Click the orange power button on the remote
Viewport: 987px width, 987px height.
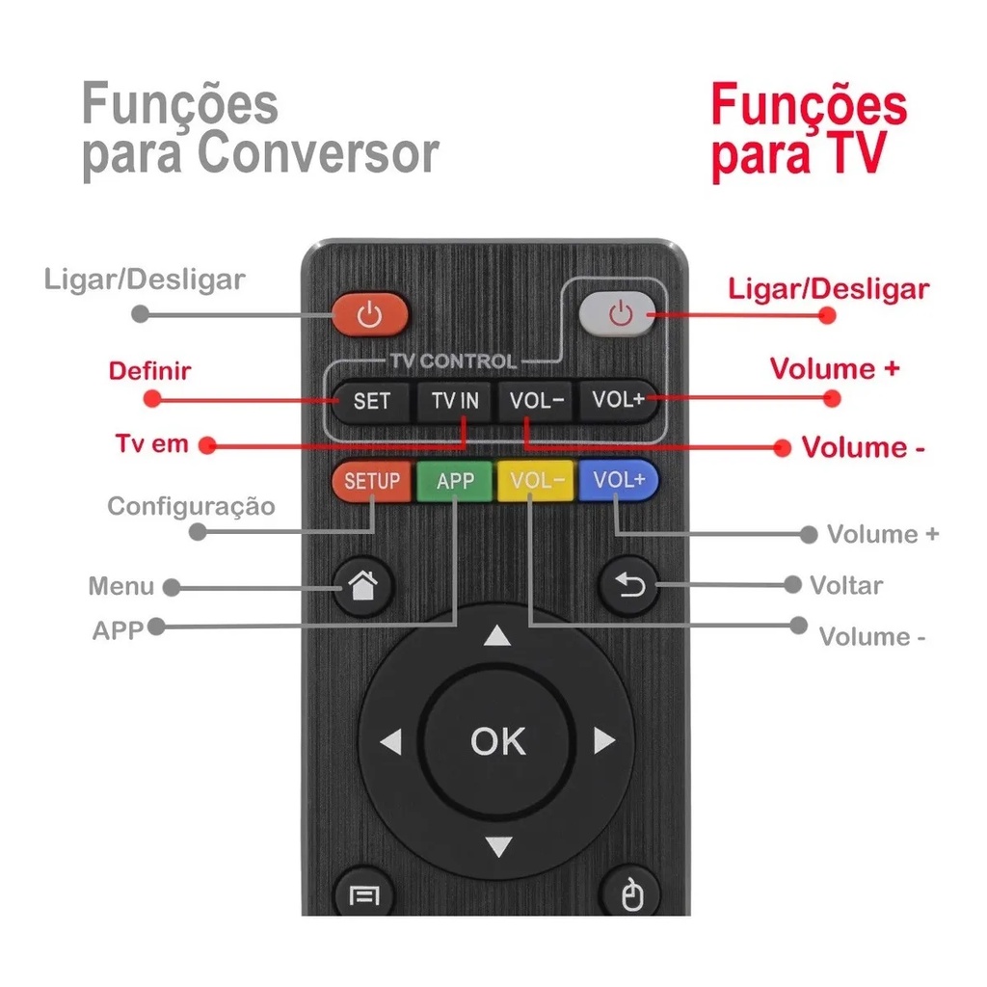[370, 314]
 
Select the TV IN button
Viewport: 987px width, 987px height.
[455, 401]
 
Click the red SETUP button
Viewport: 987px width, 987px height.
[371, 480]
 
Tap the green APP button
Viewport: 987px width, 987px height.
[455, 480]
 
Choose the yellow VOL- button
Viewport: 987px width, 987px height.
[536, 480]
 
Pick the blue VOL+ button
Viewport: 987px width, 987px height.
[618, 480]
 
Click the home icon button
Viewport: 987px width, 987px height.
[362, 584]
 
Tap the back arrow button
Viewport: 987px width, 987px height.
[628, 584]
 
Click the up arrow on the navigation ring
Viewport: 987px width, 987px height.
[496, 636]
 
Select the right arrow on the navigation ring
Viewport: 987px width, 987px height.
[604, 741]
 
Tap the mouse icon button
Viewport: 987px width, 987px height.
[630, 897]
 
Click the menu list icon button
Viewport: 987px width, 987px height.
[363, 897]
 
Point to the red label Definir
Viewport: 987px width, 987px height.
[149, 371]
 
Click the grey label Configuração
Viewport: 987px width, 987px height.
[191, 506]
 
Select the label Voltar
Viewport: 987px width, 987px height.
[845, 585]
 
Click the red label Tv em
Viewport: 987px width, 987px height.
[152, 444]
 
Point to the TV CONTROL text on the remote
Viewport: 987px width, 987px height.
[453, 361]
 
